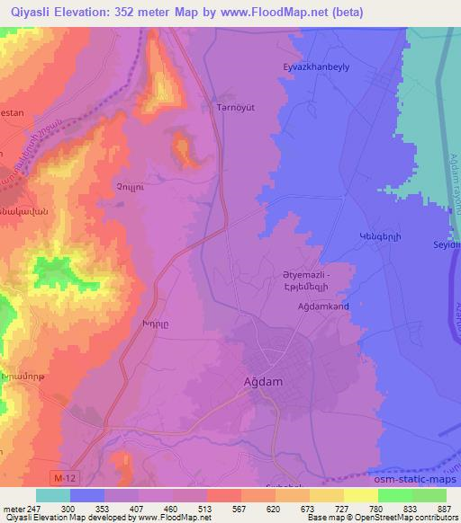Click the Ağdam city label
pyautogui.click(x=264, y=381)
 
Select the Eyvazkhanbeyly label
pyautogui.click(x=317, y=67)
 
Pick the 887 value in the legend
pyautogui.click(x=445, y=508)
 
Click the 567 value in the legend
pyautogui.click(x=222, y=508)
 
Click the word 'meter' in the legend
pyautogui.click(x=13, y=508)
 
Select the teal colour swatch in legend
pyautogui.click(x=53, y=495)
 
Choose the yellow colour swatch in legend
pyautogui.click(x=361, y=495)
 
